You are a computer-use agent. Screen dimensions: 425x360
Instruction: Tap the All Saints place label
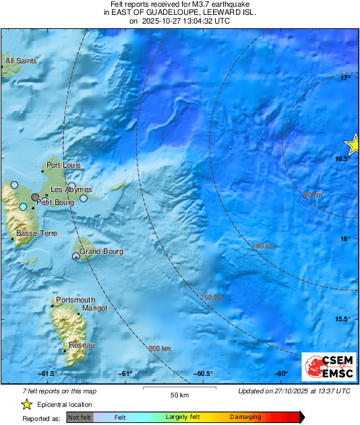point(20,61)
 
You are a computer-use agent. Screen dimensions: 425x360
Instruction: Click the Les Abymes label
point(71,190)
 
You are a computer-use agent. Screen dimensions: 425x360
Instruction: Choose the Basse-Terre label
point(36,234)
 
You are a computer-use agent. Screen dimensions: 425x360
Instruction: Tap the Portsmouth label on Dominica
point(76,300)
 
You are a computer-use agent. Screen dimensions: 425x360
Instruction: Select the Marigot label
point(94,308)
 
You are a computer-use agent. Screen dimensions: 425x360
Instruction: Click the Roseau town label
point(82,345)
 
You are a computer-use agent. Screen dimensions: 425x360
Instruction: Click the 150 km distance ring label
point(212,297)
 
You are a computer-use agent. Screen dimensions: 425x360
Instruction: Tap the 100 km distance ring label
point(263,246)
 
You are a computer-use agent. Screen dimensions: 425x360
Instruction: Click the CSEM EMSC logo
point(326,368)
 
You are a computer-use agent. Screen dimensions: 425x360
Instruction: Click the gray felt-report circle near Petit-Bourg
point(35,197)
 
